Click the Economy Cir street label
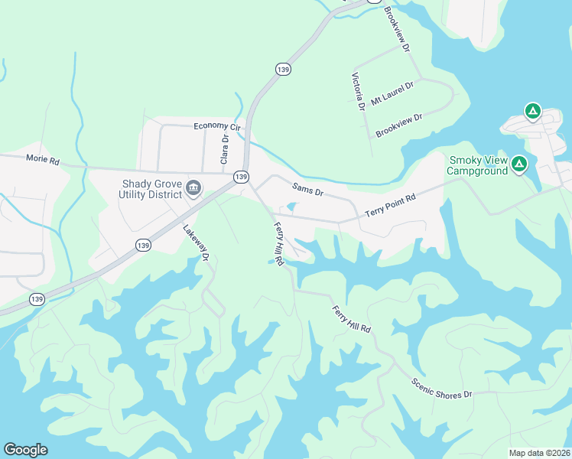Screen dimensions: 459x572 click(217, 126)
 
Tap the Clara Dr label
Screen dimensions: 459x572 click(225, 149)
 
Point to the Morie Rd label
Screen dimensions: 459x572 click(43, 160)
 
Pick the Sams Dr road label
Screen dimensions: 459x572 click(307, 189)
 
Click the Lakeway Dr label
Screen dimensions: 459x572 click(197, 243)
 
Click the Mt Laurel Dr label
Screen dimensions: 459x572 click(392, 95)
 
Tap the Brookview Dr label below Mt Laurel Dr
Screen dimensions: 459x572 click(399, 126)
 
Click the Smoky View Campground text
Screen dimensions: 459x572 click(479, 165)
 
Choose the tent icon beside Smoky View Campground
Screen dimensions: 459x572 click(519, 163)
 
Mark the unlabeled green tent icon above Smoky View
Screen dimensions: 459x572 click(533, 112)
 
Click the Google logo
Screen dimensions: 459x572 click(25, 450)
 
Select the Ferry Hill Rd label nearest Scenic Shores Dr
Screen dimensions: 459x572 click(352, 319)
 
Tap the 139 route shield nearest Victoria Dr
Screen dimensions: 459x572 click(284, 70)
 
